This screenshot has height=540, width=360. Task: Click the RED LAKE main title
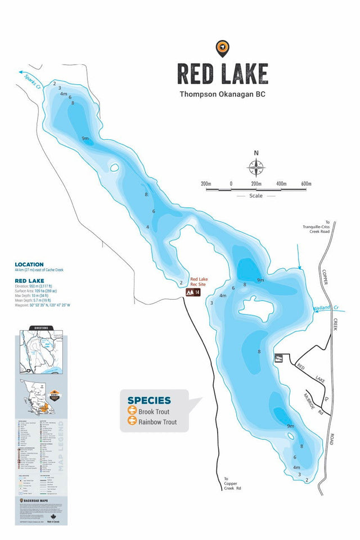223,74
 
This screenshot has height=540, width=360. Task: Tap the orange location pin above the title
223,48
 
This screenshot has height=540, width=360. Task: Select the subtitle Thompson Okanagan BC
222,94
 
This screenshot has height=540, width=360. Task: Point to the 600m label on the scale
306,184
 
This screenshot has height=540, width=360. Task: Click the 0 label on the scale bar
231,184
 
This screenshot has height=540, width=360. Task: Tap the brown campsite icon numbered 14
193,292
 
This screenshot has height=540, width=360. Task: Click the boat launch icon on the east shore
277,358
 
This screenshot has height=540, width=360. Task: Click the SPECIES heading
149,400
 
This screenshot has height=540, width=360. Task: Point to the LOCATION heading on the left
29,264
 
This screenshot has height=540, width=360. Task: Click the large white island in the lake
256,309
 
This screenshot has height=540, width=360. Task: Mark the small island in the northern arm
114,168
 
